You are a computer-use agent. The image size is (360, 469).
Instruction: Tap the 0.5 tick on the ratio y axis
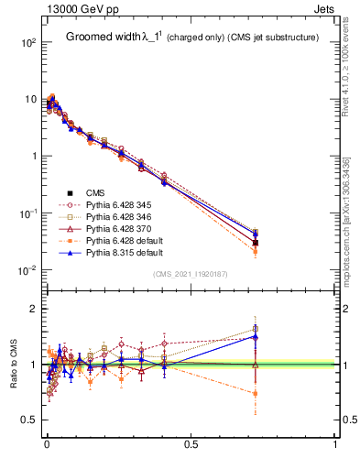pyautogui.click(x=29, y=420)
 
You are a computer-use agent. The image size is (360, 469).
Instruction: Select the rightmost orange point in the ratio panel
pyautogui.click(x=256, y=394)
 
